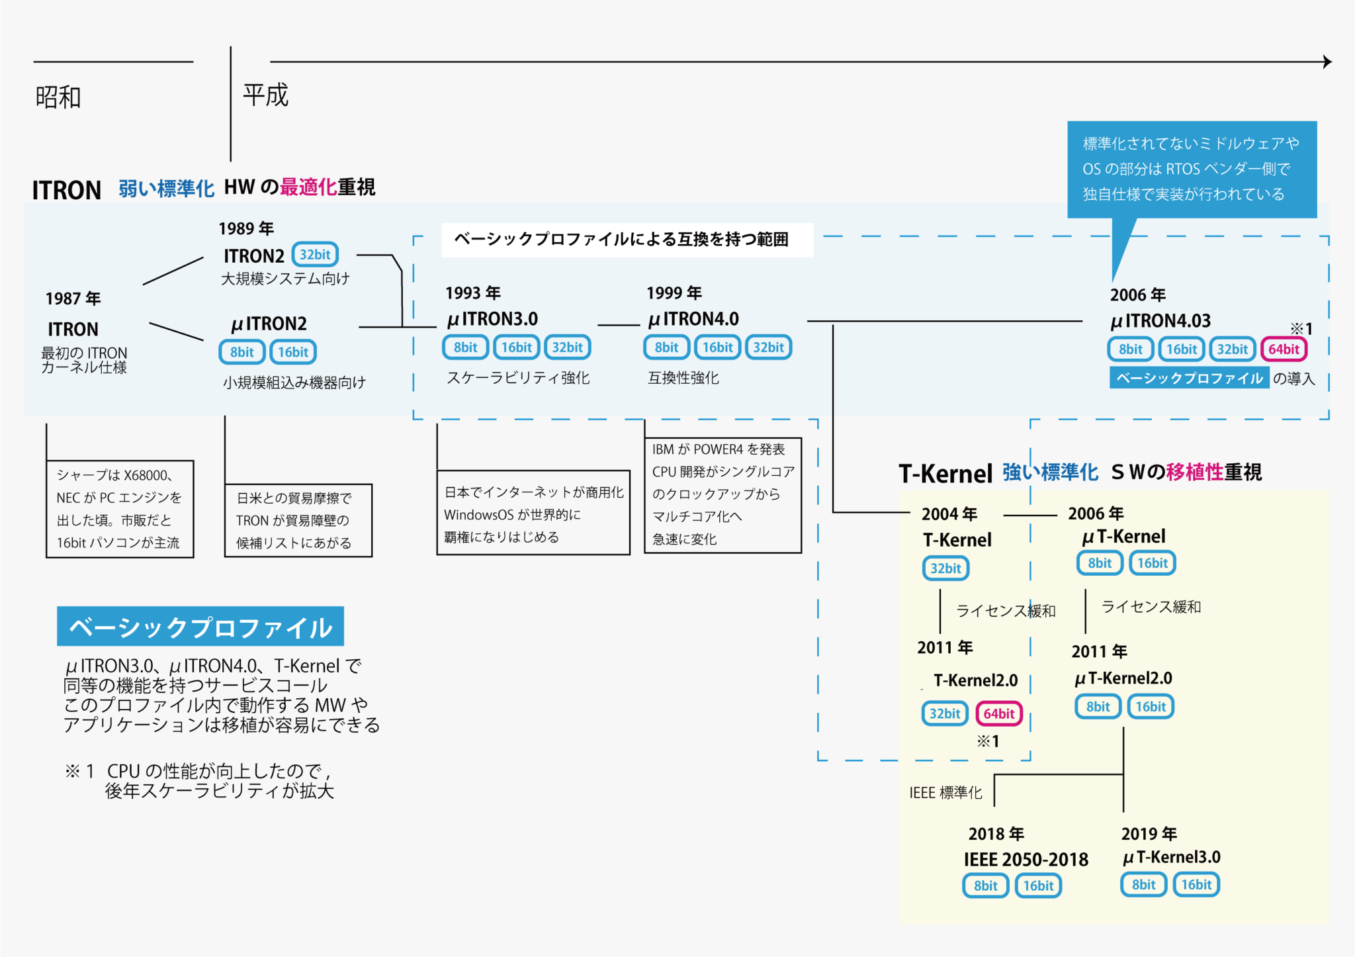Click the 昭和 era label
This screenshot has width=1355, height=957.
click(x=58, y=97)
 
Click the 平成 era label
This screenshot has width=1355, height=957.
click(x=265, y=95)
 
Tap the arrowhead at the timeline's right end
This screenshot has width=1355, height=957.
click(x=1327, y=62)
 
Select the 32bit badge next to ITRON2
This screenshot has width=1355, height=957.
click(x=315, y=255)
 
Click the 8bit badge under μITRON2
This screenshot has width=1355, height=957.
click(x=241, y=352)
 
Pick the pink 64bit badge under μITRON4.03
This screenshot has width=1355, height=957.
click(x=1284, y=349)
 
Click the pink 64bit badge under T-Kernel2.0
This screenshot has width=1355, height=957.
click(x=998, y=713)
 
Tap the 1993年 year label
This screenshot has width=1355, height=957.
click(x=472, y=293)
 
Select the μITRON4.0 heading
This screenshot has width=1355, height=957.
click(x=693, y=319)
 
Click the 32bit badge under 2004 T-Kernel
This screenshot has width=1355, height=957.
click(x=945, y=568)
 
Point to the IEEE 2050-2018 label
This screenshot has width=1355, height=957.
click(x=1026, y=859)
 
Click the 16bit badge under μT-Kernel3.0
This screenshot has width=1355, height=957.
click(x=1196, y=885)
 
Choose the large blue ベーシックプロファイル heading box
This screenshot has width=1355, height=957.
click(x=200, y=627)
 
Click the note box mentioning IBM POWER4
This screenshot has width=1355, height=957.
click(x=722, y=494)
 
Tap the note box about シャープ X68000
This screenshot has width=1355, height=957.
click(x=120, y=509)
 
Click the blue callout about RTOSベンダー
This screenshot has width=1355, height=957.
click(x=1192, y=169)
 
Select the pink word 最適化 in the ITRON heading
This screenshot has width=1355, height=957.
click(x=308, y=187)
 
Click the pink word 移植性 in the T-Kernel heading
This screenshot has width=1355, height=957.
click(x=1195, y=472)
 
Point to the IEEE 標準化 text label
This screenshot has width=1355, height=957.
click(x=945, y=792)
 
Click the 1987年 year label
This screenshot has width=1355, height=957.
click(x=73, y=298)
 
